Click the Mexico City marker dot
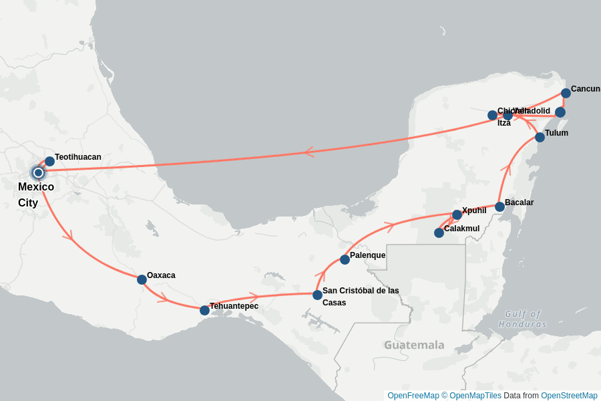pos(38,172)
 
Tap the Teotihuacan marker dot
pos(49,161)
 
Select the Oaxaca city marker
pos(142,279)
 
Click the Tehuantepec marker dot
pos(204,310)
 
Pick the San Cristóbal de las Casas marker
pos(317,295)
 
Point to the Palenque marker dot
pos(345,259)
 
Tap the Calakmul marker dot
pos(439,233)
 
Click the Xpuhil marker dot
pos(457,215)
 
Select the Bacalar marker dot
pos(499,207)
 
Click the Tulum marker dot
pos(540,137)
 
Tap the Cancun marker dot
pos(566,93)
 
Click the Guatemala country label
pos(414,345)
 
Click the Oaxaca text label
pos(161,275)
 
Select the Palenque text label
pos(367,255)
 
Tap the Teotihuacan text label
pos(78,157)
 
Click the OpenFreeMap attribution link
pos(413,396)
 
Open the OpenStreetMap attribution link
pos(569,396)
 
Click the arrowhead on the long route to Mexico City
pos(309,152)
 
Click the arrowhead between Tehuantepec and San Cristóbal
pos(254,296)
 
